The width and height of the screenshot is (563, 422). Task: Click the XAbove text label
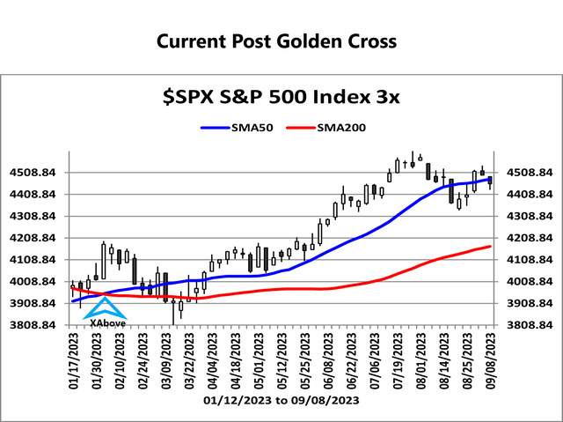tap(106, 323)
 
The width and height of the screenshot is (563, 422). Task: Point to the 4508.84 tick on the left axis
tap(37, 173)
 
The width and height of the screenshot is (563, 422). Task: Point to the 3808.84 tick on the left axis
tap(37, 325)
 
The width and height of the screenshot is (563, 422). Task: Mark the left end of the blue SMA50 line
tap(73, 301)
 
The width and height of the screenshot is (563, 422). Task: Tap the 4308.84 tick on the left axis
tap(37, 216)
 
